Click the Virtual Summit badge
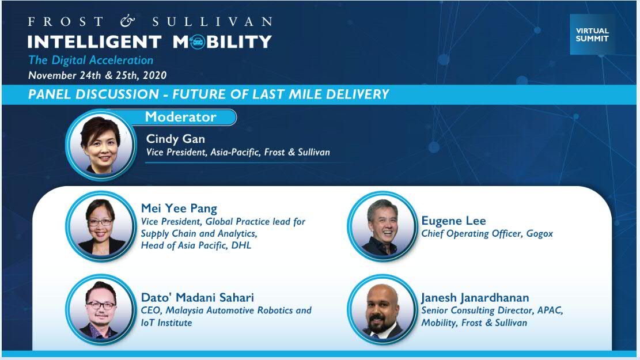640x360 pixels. tap(592, 35)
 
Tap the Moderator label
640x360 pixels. tap(180, 117)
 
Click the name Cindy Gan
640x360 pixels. tap(176, 139)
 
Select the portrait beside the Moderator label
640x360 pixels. tap(101, 145)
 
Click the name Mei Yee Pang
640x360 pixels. tap(179, 209)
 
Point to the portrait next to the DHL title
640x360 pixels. tap(101, 226)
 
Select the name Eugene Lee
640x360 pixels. tap(453, 221)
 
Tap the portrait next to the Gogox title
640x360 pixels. tap(383, 226)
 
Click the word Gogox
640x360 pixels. tap(540, 234)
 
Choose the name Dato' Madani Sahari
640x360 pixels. tap(197, 297)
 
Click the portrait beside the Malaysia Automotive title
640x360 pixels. tap(101, 310)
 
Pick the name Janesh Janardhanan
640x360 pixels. tap(475, 298)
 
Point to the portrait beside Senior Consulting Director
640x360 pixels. tap(383, 310)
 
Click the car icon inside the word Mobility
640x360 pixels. tap(197, 41)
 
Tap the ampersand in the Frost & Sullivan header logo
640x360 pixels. tap(127, 21)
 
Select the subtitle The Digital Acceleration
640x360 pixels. tap(90, 60)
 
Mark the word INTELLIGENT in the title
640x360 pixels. tap(94, 41)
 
